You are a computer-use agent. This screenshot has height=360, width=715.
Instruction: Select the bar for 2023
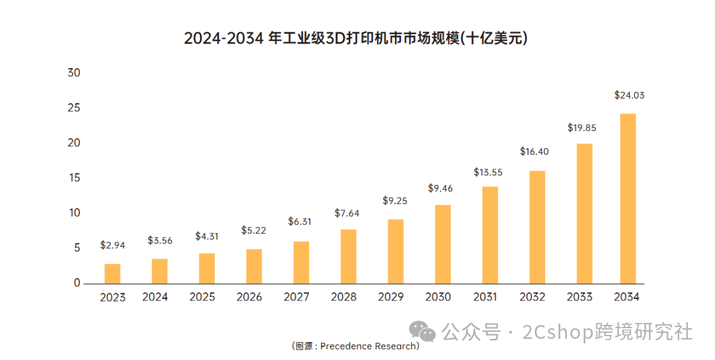pos(113,273)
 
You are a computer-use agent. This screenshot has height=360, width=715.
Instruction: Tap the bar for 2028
pos(348,256)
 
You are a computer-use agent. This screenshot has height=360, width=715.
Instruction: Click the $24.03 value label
pos(629,95)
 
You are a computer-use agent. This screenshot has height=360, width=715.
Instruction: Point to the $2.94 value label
pos(113,245)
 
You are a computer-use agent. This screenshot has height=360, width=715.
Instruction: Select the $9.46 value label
pos(440,189)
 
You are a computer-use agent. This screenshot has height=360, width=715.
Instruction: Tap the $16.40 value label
pos(534,152)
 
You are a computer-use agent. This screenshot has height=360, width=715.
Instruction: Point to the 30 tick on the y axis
pos(73,73)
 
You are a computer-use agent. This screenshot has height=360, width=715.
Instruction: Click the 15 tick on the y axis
pos(73,178)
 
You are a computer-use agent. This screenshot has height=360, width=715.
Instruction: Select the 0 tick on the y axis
pos(77,283)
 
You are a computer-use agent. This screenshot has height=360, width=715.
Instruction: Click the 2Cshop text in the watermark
pos(558,331)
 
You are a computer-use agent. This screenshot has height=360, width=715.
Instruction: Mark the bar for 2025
pos(207,268)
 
